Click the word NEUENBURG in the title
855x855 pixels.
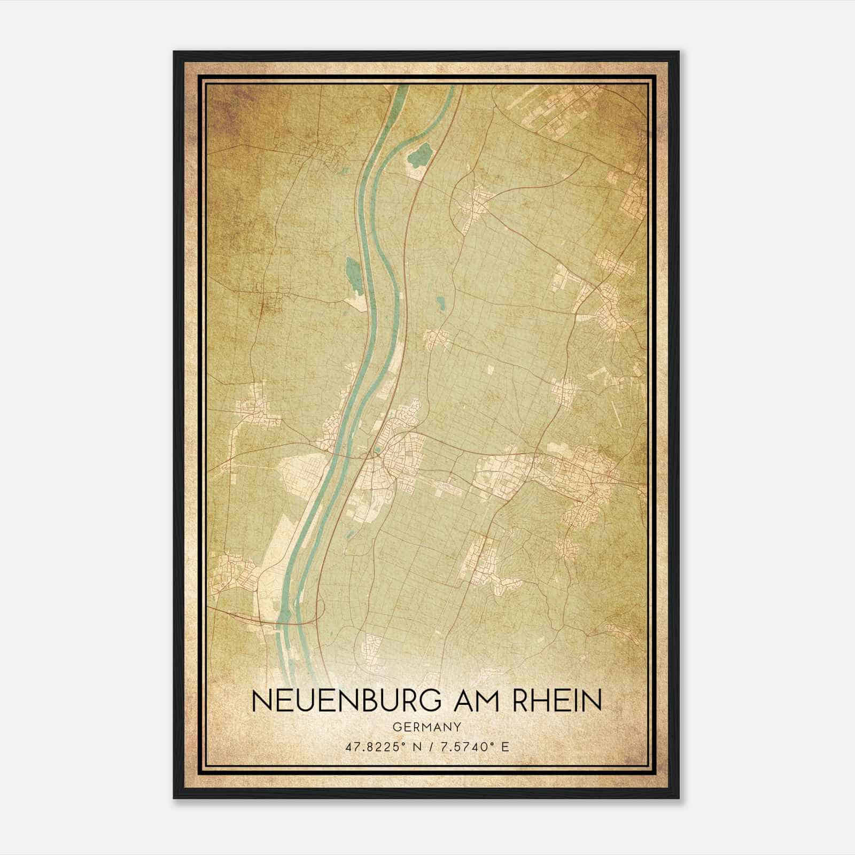[x=346, y=701]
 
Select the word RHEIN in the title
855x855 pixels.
[x=557, y=701]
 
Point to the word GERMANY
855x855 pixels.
[x=426, y=727]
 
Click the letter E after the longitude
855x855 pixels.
[x=505, y=747]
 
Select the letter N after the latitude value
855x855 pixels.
[x=417, y=747]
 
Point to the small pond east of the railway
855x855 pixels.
[x=440, y=304]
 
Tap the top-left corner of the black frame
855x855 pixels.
[x=174, y=52]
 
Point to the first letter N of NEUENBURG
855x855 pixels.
[x=259, y=701]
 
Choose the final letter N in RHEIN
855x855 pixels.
[x=594, y=701]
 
